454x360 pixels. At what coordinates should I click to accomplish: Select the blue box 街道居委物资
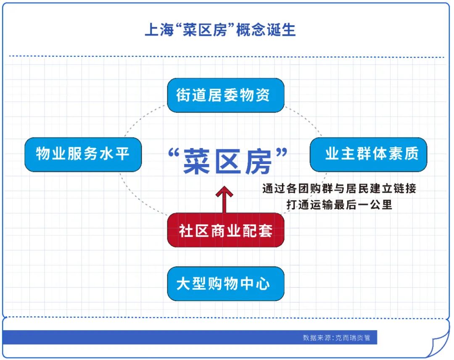coord(226,95)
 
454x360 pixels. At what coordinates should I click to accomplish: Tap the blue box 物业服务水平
coord(83,154)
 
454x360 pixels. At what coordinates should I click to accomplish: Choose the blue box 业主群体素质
coord(368,154)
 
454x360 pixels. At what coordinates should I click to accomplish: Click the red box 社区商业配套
coord(226,230)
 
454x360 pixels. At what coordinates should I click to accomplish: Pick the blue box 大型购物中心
coord(226,284)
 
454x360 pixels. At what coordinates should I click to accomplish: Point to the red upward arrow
coord(224,200)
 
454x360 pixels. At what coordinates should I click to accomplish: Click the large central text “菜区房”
coord(228,161)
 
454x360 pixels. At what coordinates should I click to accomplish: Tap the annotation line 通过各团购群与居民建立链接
coord(339,188)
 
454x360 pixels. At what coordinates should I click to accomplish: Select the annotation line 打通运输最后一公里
coord(339,204)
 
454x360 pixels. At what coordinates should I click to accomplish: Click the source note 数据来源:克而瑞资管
coord(336,338)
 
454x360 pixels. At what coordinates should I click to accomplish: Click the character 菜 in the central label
coord(197,161)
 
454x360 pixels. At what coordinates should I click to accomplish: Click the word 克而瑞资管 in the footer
coord(353,338)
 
